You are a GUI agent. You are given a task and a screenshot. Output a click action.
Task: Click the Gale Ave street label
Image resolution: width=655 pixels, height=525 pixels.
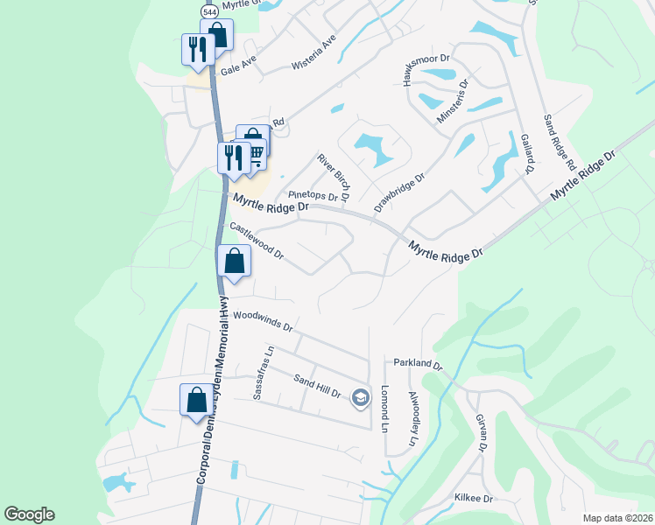pos(238,63)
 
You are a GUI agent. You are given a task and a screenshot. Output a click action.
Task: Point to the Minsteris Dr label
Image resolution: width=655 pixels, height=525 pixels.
pos(453,102)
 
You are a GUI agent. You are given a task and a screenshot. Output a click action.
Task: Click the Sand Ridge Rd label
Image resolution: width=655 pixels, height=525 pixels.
pos(558,142)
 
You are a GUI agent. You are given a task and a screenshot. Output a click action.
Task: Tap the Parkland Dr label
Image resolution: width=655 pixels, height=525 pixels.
pos(419,362)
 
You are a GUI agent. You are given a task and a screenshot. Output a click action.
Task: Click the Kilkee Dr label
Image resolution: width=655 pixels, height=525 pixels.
pos(474,498)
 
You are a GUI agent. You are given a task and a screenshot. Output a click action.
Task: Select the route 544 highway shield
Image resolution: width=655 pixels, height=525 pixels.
pos(209,11)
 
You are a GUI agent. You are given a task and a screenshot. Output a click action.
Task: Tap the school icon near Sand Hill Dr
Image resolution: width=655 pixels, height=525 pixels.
pos(360,398)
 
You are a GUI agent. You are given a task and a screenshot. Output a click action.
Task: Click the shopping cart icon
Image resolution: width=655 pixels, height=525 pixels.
pos(255,152)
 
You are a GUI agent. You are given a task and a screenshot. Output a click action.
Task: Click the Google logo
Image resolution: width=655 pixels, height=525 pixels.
pos(30,514)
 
